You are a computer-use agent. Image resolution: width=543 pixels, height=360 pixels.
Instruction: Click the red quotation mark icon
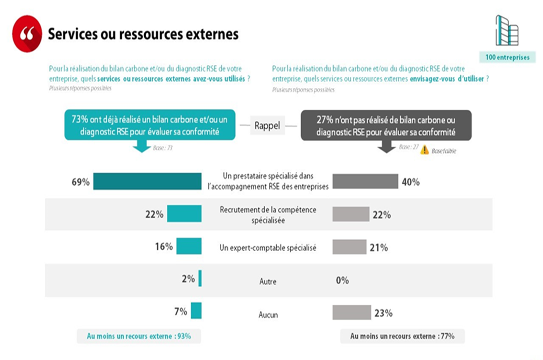27,34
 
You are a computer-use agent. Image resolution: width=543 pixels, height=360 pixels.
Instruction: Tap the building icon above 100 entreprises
507,31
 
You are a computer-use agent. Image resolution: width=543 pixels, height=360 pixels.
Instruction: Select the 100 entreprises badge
507,57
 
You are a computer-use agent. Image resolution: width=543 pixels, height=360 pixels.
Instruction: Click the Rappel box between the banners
267,125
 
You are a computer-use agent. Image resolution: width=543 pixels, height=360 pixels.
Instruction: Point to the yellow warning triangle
425,150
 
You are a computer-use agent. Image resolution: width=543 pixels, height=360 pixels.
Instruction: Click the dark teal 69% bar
147,181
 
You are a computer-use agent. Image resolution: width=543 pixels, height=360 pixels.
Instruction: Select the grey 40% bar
365,181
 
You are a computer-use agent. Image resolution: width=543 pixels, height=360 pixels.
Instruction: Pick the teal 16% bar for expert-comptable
189,246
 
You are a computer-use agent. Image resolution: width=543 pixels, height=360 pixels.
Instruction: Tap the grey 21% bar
349,247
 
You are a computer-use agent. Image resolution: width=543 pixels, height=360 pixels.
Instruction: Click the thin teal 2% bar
200,278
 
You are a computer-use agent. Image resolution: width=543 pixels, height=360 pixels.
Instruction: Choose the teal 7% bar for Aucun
196,311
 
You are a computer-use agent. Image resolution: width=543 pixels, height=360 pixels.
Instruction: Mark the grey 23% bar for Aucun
351,312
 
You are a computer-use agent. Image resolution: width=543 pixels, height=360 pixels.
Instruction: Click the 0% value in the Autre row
342,280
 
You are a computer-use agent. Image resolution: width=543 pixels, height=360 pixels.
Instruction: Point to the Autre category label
268,281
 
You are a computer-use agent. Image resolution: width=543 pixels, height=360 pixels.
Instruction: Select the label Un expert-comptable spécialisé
268,248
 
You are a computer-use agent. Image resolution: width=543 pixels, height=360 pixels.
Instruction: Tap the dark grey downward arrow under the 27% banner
386,147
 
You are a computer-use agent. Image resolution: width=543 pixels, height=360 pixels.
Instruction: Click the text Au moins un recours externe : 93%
139,336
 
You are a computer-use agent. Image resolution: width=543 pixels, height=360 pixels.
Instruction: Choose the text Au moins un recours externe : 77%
402,336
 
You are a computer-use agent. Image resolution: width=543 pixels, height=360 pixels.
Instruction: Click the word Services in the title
72,34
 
